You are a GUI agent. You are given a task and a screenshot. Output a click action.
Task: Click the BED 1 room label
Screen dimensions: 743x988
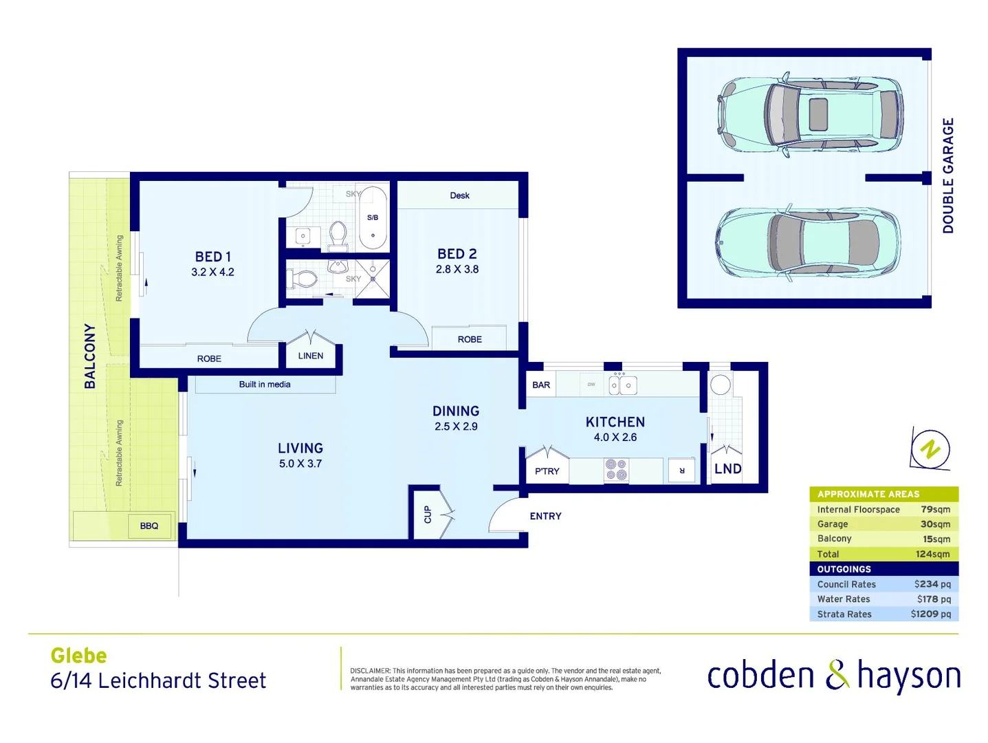click(212, 257)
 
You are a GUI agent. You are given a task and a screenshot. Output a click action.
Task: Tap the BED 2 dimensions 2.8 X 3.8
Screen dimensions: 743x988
click(457, 270)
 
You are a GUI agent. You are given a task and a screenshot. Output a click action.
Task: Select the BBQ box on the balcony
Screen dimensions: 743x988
click(149, 526)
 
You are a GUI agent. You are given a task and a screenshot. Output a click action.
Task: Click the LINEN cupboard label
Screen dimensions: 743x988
click(311, 356)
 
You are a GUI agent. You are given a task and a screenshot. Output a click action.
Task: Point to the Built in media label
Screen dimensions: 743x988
click(265, 385)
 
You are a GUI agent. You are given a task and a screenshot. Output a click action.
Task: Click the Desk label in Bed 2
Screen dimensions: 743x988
click(459, 195)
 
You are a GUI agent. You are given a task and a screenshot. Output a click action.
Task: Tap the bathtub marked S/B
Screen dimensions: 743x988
click(373, 218)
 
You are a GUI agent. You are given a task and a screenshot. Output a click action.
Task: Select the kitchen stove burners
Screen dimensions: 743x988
click(616, 470)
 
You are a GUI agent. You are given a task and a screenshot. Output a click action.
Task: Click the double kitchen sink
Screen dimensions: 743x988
click(622, 385)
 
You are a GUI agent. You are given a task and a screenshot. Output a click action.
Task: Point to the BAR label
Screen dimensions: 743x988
click(541, 385)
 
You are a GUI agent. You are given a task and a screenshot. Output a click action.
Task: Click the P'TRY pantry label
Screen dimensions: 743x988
click(547, 471)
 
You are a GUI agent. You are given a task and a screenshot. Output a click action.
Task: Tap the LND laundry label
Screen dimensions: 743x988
click(727, 469)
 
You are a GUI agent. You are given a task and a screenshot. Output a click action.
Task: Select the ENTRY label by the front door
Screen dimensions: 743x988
click(545, 516)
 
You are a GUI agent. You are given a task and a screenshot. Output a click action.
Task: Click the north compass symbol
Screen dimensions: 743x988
click(930, 450)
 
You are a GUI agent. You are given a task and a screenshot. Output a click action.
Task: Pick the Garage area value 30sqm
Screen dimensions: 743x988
click(935, 524)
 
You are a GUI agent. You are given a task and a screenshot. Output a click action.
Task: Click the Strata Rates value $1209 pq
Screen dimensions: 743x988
click(930, 614)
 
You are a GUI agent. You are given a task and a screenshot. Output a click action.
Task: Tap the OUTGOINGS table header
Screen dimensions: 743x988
click(844, 569)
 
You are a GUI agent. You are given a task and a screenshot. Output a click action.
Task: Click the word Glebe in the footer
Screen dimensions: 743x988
click(79, 656)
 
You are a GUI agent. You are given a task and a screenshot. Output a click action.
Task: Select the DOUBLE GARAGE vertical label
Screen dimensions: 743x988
click(948, 175)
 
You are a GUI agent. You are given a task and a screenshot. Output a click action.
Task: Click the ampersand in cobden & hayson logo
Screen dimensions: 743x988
click(837, 675)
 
